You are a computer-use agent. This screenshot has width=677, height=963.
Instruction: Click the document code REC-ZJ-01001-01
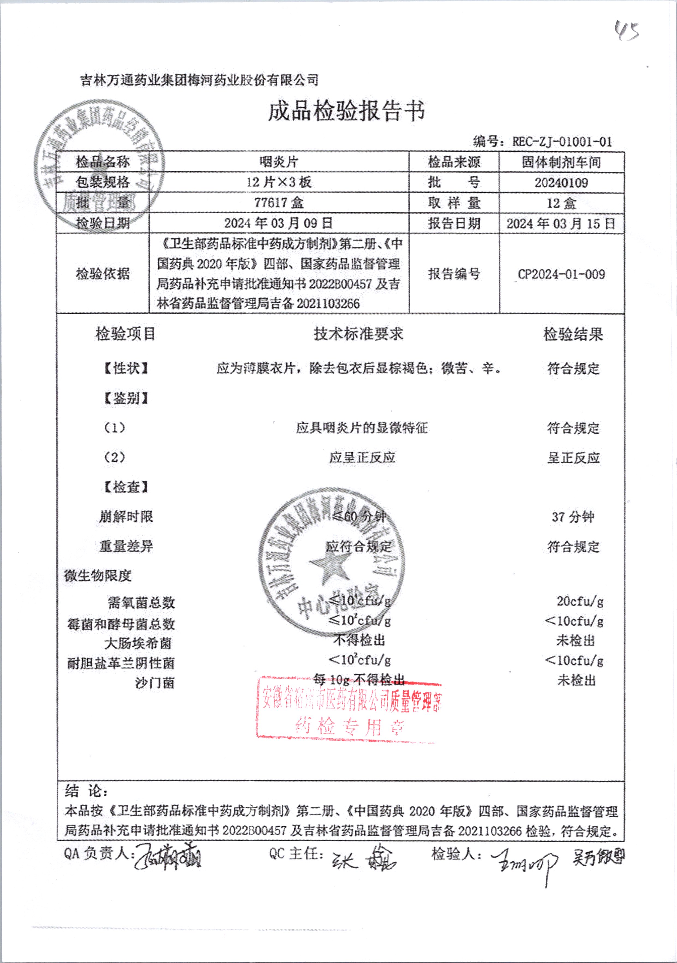tap(562, 142)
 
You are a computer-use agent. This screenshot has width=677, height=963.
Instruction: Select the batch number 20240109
tap(561, 183)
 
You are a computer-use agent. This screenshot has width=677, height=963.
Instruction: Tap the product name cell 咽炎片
tap(279, 162)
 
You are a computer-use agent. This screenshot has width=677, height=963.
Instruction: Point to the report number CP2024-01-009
tap(561, 274)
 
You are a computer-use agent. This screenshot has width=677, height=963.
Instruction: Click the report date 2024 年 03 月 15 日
tap(561, 223)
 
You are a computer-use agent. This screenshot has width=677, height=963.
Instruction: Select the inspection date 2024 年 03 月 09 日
tap(279, 223)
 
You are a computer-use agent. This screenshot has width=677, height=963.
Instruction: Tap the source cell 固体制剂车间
tap(561, 162)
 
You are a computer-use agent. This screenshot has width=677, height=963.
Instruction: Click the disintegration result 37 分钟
tap(573, 517)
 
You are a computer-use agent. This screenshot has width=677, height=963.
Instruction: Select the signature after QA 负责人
tap(168, 856)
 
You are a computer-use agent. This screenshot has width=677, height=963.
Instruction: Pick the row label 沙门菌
tap(154, 683)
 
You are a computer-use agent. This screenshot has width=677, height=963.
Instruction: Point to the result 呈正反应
tap(573, 458)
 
